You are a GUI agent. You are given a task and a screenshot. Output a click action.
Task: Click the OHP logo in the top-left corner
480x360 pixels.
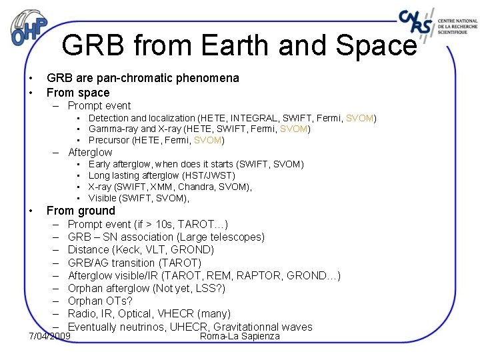tap(30, 27)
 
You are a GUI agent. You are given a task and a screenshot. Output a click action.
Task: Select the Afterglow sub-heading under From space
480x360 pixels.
tap(90, 152)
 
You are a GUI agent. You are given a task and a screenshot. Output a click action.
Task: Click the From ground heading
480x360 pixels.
tap(81, 211)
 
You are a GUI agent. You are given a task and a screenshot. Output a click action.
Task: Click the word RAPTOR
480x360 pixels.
tap(256, 275)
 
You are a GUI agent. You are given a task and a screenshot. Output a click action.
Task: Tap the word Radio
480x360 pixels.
tap(83, 313)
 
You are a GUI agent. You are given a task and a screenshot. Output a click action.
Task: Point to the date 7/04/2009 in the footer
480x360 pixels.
tap(50, 336)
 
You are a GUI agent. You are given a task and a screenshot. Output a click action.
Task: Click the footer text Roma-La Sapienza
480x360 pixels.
tap(240, 336)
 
